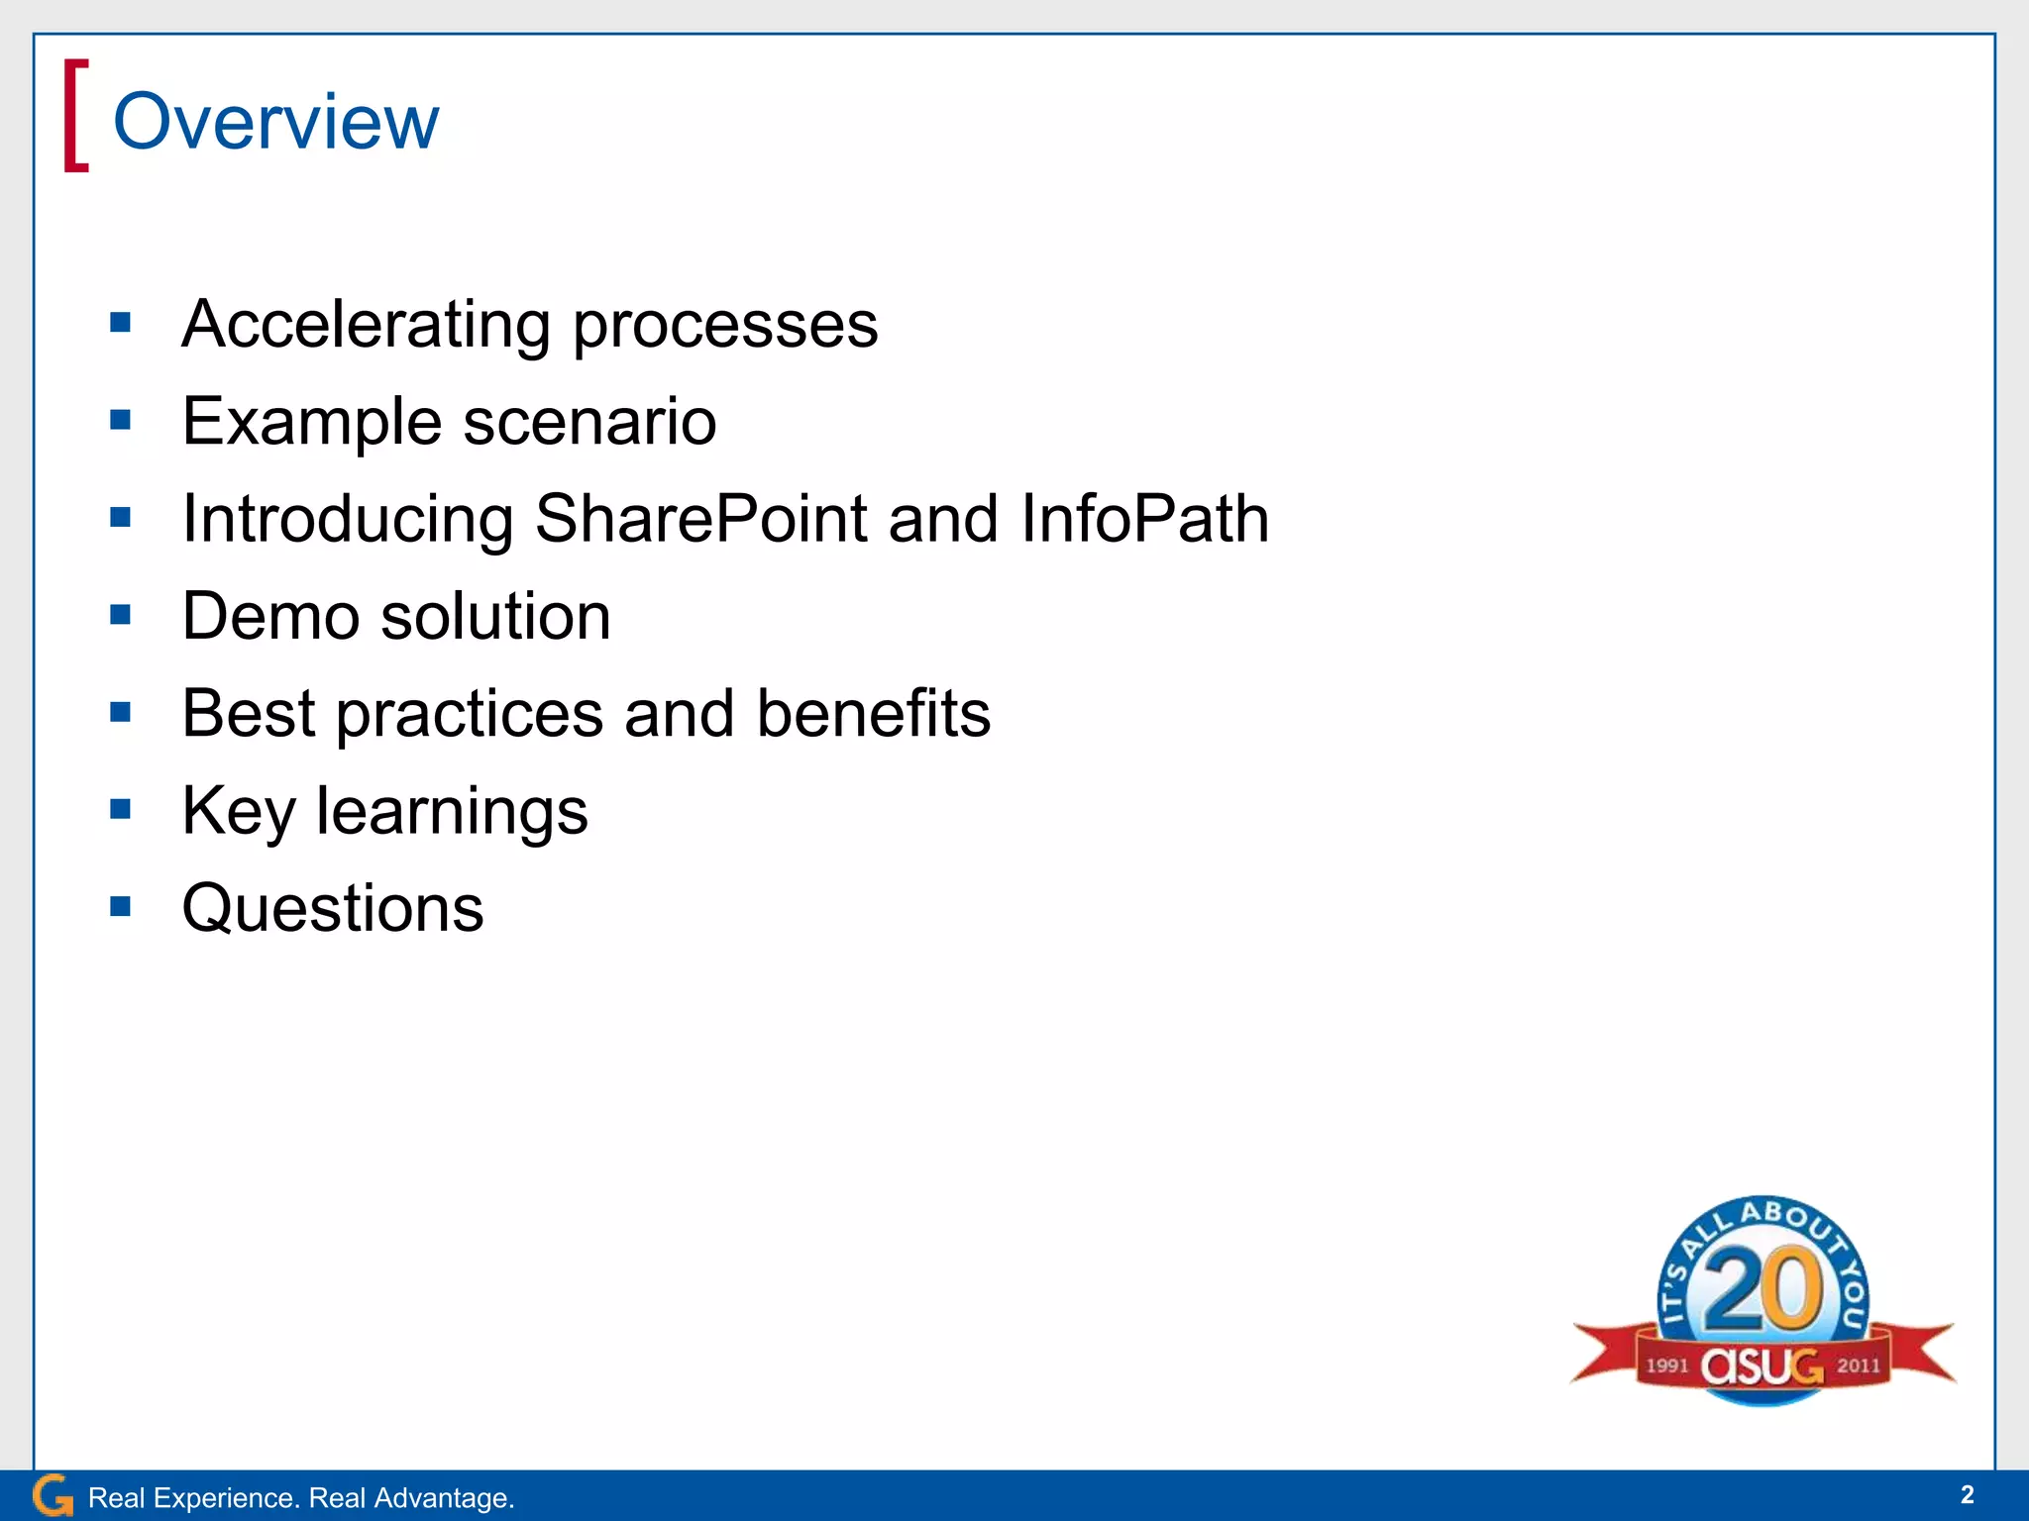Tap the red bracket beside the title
point(75,116)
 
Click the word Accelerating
point(366,325)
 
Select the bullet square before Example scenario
point(121,420)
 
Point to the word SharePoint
point(700,519)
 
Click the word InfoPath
point(1144,519)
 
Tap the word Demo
point(270,616)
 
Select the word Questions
point(333,908)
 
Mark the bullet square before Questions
point(121,906)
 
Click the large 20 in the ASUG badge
point(1762,1289)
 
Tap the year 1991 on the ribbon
point(1666,1366)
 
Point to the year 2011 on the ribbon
point(1859,1366)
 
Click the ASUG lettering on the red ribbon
point(1762,1367)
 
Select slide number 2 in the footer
point(1967,1494)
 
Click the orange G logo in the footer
point(53,1495)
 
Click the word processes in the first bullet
point(725,325)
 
